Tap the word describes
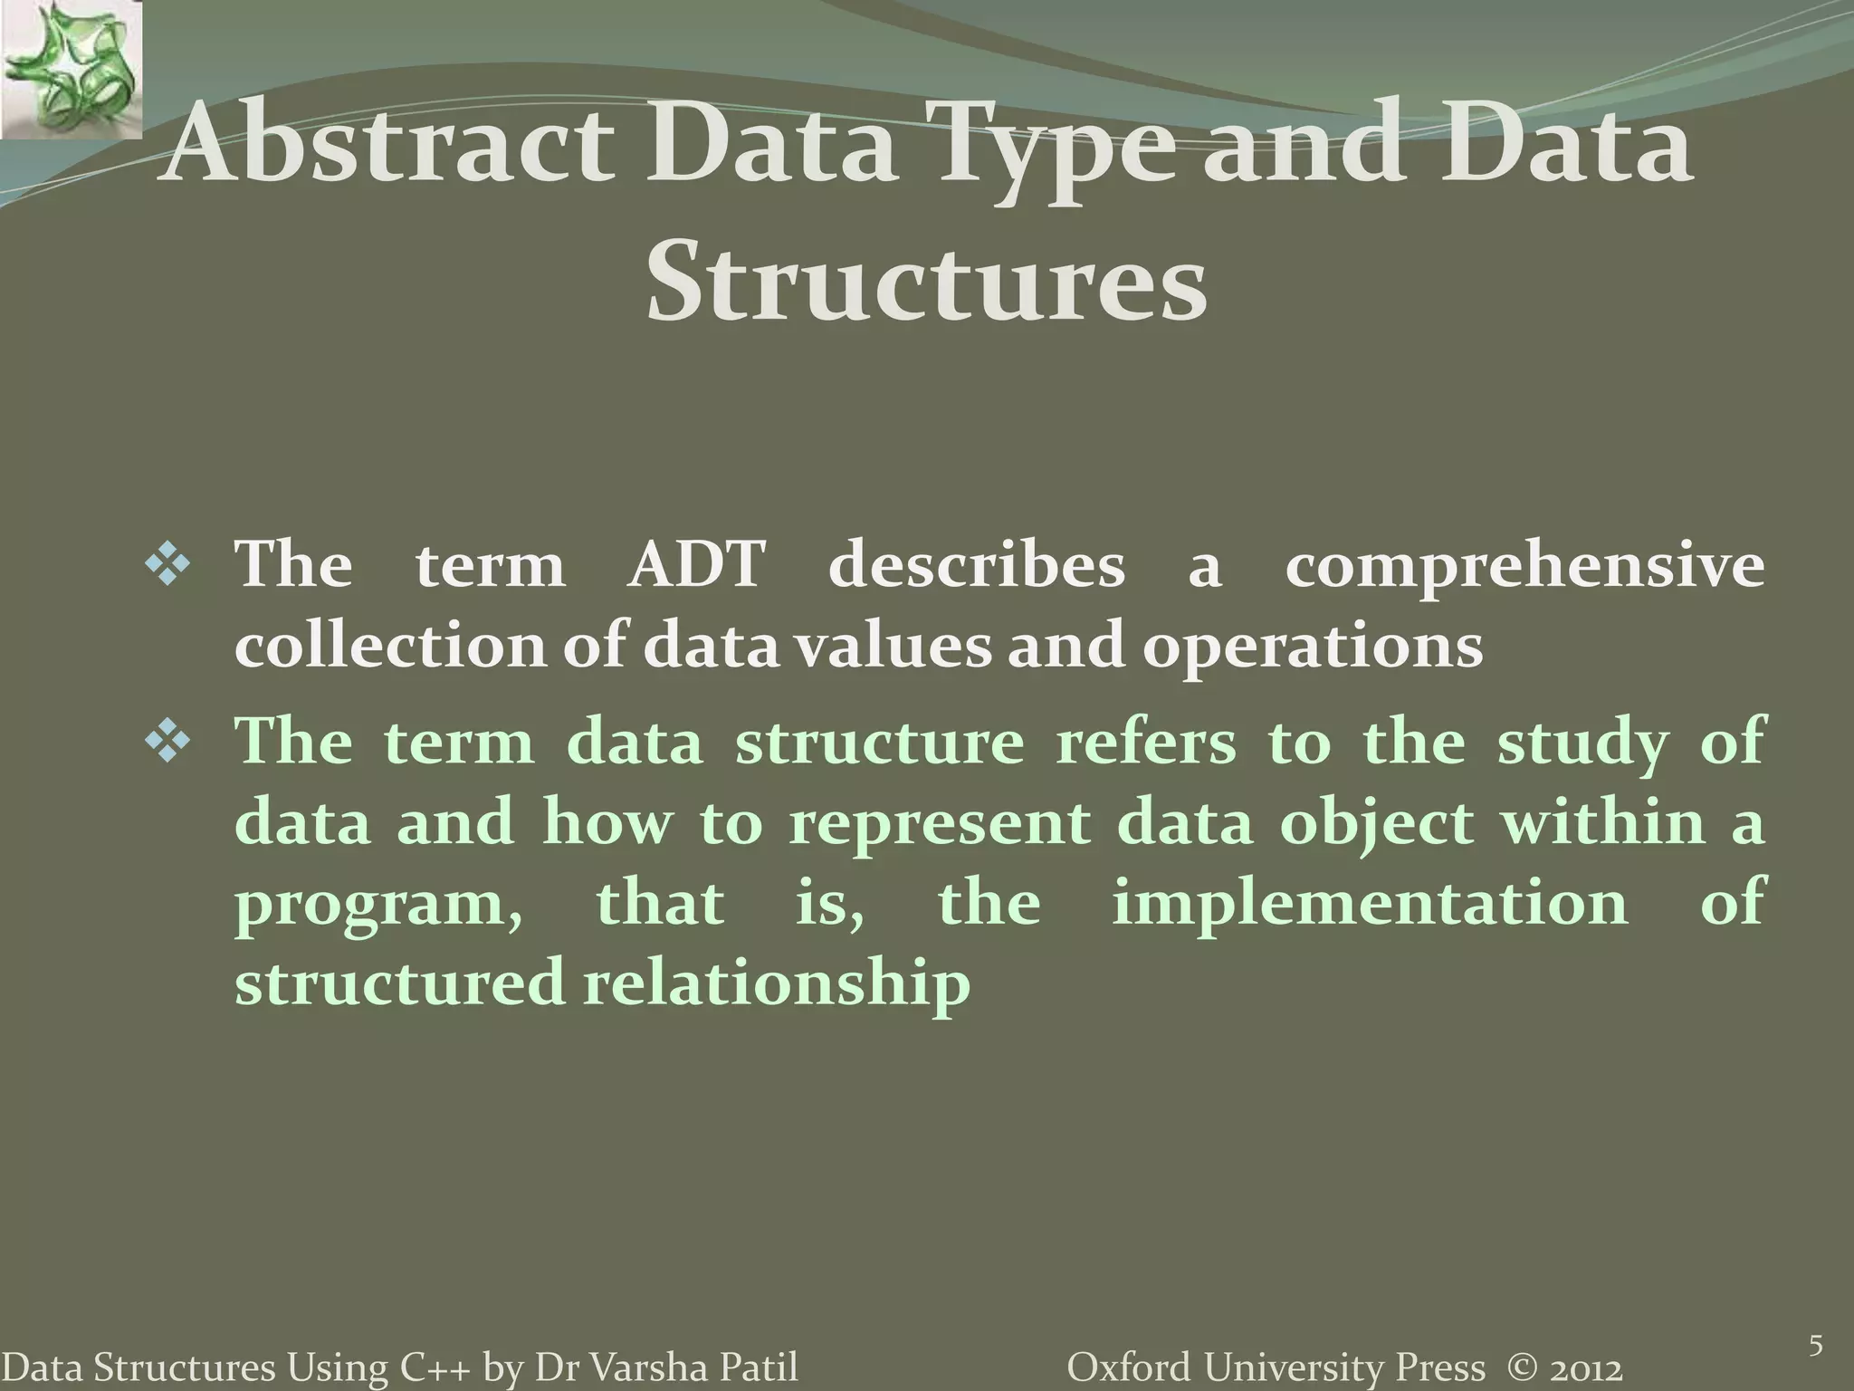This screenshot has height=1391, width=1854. pyautogui.click(x=977, y=566)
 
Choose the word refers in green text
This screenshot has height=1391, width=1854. pyautogui.click(x=1146, y=743)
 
